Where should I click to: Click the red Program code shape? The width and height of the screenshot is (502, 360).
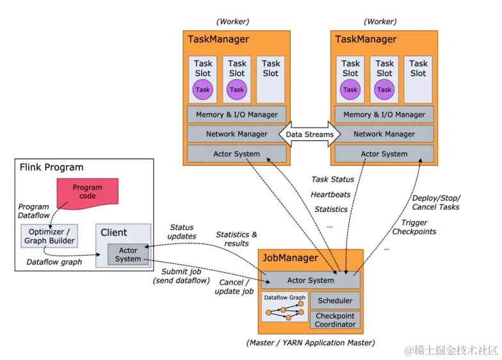(x=87, y=192)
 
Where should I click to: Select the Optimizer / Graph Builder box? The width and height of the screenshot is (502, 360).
(x=49, y=236)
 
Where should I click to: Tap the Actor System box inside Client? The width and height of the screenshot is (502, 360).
(x=128, y=254)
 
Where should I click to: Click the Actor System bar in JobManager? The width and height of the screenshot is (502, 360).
(x=311, y=280)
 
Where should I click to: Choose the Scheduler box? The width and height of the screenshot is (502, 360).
(x=335, y=300)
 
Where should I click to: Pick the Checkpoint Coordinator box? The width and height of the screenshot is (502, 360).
(x=335, y=320)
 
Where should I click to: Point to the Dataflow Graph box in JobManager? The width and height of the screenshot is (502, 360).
(x=284, y=306)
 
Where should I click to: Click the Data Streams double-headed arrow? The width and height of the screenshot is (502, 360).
(x=310, y=135)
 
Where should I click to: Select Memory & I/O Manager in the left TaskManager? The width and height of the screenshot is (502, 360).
(x=236, y=115)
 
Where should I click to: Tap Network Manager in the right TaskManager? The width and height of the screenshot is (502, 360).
(x=384, y=134)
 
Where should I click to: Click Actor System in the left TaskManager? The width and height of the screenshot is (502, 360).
(x=236, y=154)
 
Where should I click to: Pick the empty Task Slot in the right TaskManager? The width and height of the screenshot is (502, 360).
(x=418, y=79)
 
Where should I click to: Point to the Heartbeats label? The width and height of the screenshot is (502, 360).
(x=330, y=194)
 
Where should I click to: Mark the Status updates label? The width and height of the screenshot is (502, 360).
(x=182, y=232)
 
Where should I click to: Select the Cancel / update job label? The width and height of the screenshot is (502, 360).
(x=234, y=286)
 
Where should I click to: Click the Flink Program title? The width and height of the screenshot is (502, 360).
(x=52, y=167)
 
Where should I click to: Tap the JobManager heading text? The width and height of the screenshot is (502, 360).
(x=290, y=258)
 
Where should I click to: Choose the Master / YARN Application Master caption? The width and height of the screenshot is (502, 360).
(x=311, y=343)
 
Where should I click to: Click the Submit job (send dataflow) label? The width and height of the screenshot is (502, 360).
(x=181, y=276)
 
